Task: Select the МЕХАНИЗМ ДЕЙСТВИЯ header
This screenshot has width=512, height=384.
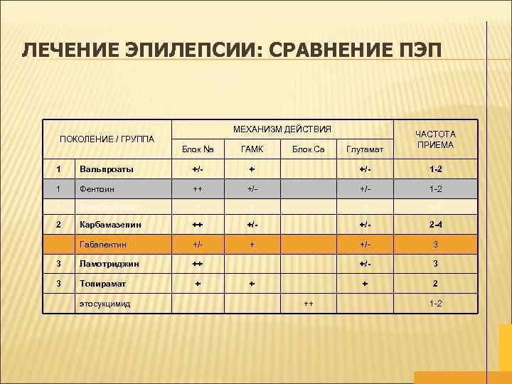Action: pos(282,129)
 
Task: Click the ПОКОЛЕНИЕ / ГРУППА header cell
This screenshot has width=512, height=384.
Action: pos(107,138)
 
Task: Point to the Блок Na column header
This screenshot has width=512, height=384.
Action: pos(198,149)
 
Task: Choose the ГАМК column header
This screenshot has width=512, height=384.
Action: pos(252,149)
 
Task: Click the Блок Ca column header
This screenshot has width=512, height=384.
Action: pos(309,149)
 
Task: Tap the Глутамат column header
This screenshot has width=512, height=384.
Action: pos(364,149)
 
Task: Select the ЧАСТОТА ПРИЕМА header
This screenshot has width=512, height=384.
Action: pos(436,139)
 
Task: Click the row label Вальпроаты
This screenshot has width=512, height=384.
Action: pos(107,169)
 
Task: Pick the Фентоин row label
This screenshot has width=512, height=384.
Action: pos(98,188)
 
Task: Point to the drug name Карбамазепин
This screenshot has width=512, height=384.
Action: pos(111,225)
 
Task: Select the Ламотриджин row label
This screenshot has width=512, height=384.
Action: pos(110,263)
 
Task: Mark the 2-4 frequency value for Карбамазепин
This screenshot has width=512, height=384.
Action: pos(436,225)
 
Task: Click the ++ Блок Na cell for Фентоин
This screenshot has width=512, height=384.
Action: pos(198,188)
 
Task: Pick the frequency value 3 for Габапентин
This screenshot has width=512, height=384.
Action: pos(436,244)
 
